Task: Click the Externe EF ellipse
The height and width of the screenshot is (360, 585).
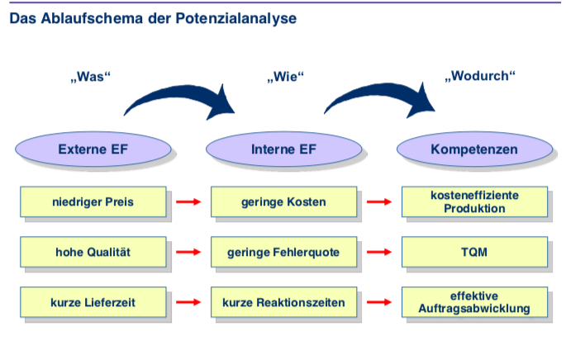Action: (x=93, y=149)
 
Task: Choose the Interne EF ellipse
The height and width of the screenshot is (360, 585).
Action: (x=284, y=149)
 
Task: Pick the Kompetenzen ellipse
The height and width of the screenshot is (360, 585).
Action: (x=474, y=149)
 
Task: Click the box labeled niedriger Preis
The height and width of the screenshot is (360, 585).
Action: (x=93, y=201)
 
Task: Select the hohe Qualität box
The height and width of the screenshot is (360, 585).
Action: (x=93, y=252)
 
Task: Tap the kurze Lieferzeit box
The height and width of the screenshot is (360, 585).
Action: (x=93, y=302)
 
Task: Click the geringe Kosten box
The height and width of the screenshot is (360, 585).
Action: (x=283, y=201)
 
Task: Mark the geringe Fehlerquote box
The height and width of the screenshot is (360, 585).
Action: (x=283, y=252)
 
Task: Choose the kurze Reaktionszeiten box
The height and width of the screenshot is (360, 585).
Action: (x=283, y=302)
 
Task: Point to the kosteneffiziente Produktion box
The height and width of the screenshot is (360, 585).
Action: (x=474, y=201)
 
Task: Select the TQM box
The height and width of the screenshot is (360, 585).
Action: (x=474, y=252)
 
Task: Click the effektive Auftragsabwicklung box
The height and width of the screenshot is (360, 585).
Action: (x=474, y=302)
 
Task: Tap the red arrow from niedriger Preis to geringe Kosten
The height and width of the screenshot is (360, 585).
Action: (x=188, y=201)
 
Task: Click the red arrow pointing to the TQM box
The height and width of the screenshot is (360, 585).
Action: (x=379, y=252)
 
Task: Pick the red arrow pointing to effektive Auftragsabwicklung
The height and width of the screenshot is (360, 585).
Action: (x=379, y=302)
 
